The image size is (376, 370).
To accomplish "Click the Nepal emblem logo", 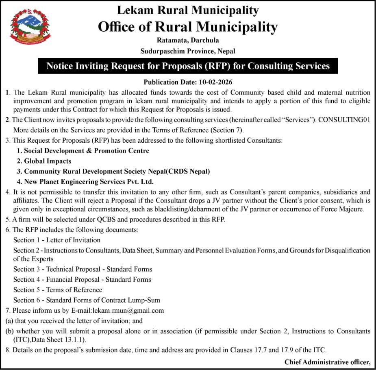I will pos(30,27).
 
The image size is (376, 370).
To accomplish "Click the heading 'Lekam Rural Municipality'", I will pos(188,10).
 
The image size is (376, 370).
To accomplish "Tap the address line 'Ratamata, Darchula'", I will pos(188,40).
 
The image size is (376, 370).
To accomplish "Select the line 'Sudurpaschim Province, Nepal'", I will pos(188,51).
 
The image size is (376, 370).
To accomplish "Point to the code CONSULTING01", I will pos(344,120).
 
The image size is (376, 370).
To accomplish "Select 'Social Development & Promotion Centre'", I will pos(86,151).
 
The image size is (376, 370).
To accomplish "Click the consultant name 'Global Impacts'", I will pos(47,161).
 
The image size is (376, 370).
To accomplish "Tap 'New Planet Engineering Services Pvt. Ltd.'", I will pos(88,182).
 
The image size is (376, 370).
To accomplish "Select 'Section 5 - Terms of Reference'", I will pos(57,290).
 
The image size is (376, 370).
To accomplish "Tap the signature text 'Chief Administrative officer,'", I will pos(328,362).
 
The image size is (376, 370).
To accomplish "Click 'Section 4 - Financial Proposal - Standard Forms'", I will pos(82,279).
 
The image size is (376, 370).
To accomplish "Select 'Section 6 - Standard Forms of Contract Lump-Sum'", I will pos(87,300).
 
